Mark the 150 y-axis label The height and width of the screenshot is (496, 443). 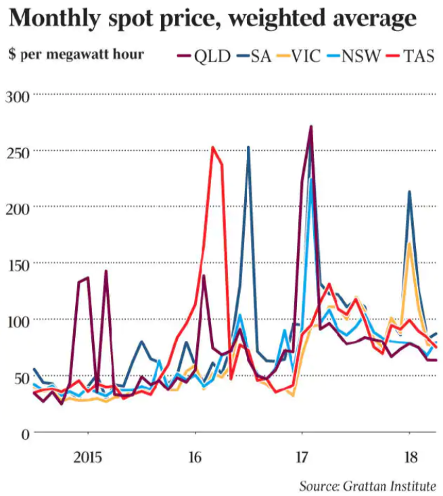tap(18, 264)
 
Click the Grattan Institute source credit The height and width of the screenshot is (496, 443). tap(368, 485)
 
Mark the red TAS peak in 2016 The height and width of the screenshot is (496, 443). tap(213, 148)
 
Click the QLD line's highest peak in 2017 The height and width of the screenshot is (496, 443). tap(310, 127)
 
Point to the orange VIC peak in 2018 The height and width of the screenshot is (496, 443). tap(410, 244)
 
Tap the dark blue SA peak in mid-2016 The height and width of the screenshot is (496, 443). tap(248, 148)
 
